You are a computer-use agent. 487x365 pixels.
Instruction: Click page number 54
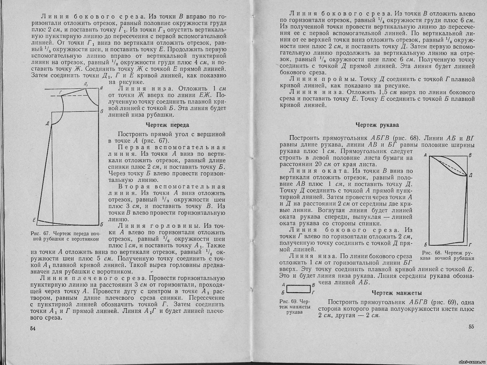pyautogui.click(x=33, y=329)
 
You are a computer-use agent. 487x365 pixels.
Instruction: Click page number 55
pyautogui.click(x=471, y=327)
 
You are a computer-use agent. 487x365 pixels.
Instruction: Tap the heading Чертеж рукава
pyautogui.click(x=377, y=125)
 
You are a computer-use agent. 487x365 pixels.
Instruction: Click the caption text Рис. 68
pyautogui.click(x=432, y=253)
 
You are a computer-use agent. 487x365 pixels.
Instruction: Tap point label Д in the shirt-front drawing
pyautogui.click(x=47, y=124)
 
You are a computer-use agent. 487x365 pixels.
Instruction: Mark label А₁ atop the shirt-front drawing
pyautogui.click(x=86, y=84)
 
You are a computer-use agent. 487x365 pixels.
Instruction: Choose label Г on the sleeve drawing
pyautogui.click(x=471, y=244)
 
